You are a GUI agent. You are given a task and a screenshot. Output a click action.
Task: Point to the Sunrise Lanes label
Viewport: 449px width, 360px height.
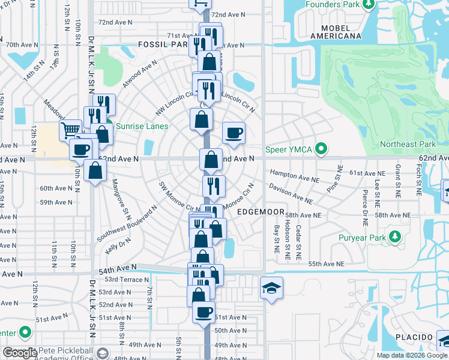pos(142,126)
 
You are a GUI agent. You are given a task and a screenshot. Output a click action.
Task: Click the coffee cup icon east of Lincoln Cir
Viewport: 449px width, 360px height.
pos(234,133)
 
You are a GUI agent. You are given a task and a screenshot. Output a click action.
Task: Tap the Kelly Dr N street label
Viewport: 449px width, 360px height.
pos(117,243)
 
